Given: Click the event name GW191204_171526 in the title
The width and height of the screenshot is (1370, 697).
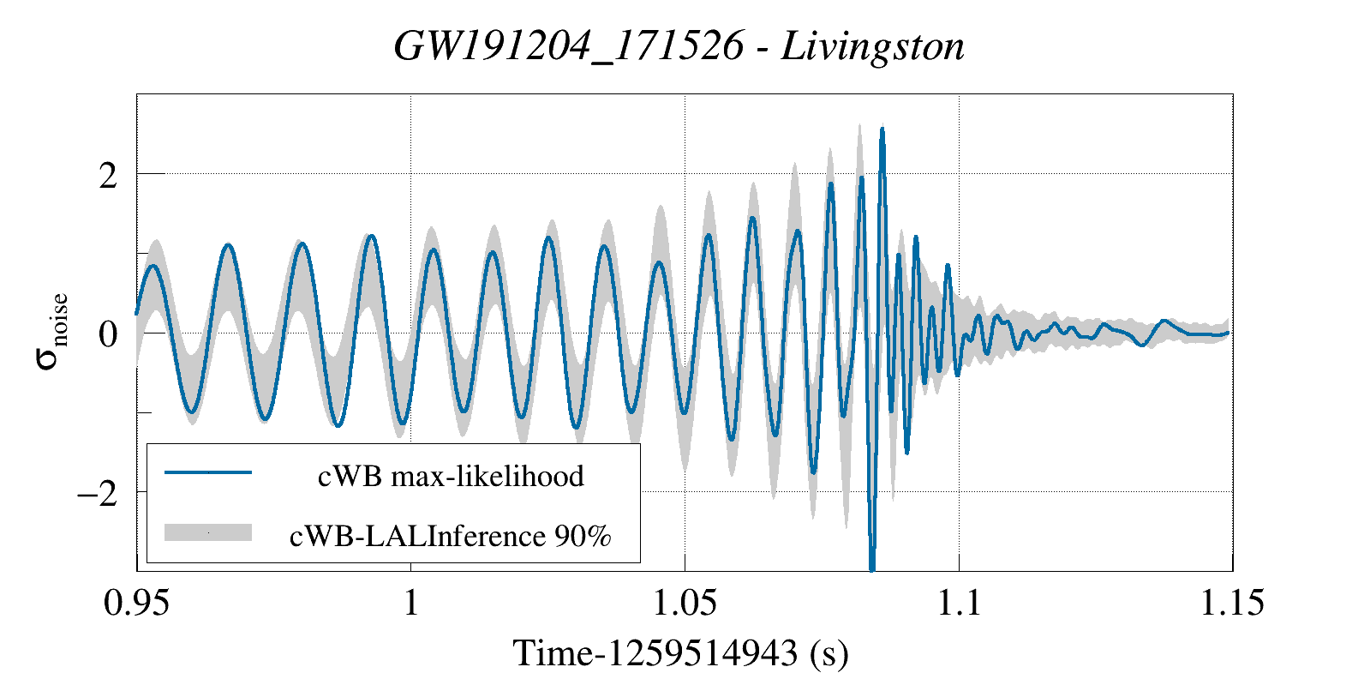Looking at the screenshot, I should [569, 46].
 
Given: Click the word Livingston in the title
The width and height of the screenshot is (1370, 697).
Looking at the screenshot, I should [872, 46].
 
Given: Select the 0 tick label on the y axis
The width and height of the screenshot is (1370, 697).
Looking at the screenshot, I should [108, 333].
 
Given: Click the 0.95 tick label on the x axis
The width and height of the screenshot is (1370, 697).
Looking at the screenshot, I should [137, 603].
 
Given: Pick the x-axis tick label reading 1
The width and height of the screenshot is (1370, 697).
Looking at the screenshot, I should [411, 603].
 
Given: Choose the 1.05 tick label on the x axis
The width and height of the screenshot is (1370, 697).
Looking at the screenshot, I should [685, 603].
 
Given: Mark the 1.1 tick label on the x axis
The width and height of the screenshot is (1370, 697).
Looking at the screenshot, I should [959, 603].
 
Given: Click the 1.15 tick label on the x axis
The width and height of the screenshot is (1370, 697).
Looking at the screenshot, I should [1232, 603].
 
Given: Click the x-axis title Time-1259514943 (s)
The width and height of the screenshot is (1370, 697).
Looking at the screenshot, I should [680, 653].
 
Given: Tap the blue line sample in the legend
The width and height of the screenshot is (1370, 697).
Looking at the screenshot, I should [208, 472].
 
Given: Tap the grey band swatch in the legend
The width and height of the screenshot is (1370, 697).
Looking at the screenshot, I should [208, 532].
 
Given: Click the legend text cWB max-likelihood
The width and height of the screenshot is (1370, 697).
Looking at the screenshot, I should [451, 476].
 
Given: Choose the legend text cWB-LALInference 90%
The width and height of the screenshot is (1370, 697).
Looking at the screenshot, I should [451, 536].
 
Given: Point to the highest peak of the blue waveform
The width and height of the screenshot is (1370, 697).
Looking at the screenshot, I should [882, 129].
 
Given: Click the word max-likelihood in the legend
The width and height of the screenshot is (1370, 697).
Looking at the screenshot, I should [488, 476].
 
